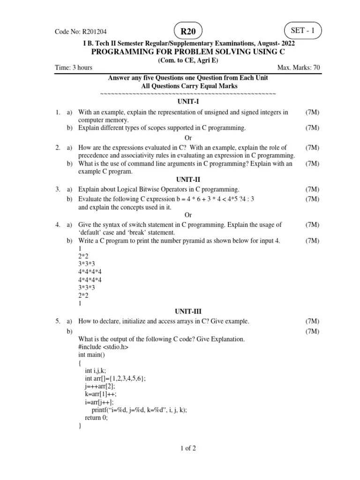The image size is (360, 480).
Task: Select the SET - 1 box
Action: coord(302,31)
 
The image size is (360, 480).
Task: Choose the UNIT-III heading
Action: coord(188,311)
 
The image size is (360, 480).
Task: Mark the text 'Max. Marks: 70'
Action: coord(299,67)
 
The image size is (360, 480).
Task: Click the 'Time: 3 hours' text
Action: coord(74,67)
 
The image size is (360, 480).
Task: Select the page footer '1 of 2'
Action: coord(188,448)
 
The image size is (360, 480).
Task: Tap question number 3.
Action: coord(57,189)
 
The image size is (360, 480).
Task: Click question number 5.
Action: coord(57,321)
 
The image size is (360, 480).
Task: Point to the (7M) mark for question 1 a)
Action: coord(312,112)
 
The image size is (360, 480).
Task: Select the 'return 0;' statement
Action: coord(96,418)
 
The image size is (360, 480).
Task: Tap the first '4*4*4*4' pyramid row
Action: coord(90,271)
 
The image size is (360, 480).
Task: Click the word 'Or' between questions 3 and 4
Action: coord(188,215)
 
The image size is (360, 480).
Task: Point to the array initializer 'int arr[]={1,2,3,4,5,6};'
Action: coord(119,378)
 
